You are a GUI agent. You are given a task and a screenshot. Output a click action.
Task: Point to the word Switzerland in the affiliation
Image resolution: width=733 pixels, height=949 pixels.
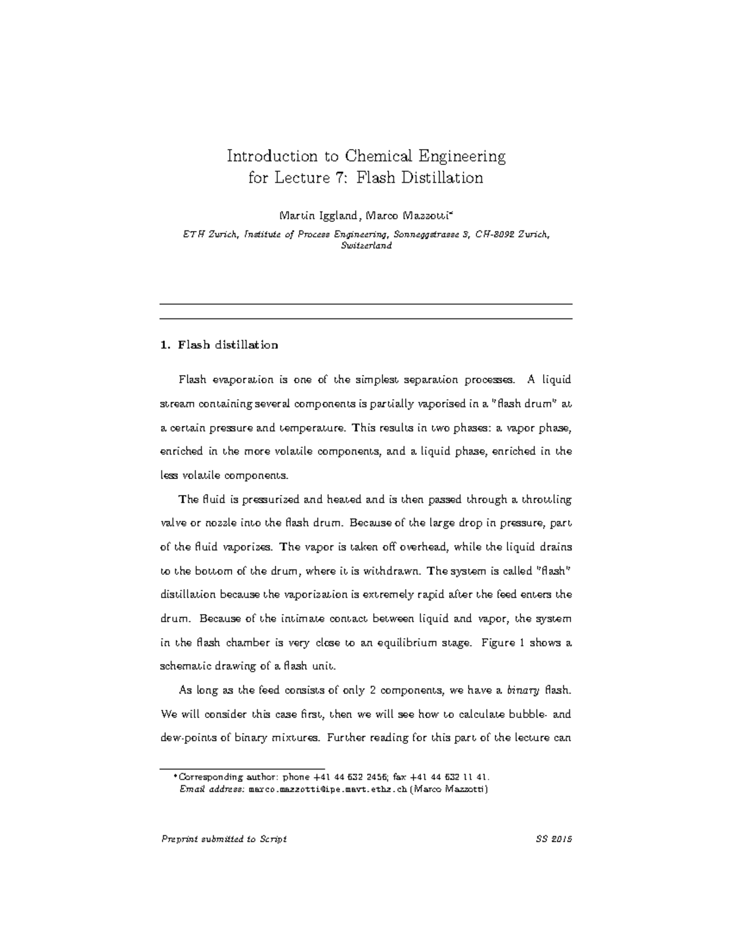[366, 246]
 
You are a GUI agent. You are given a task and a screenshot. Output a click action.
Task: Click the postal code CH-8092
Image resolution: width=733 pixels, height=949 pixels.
[492, 234]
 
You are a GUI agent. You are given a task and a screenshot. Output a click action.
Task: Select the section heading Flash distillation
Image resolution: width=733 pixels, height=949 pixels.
[228, 345]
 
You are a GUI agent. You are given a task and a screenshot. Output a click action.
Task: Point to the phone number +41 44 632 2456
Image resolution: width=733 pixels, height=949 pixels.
[348, 777]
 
